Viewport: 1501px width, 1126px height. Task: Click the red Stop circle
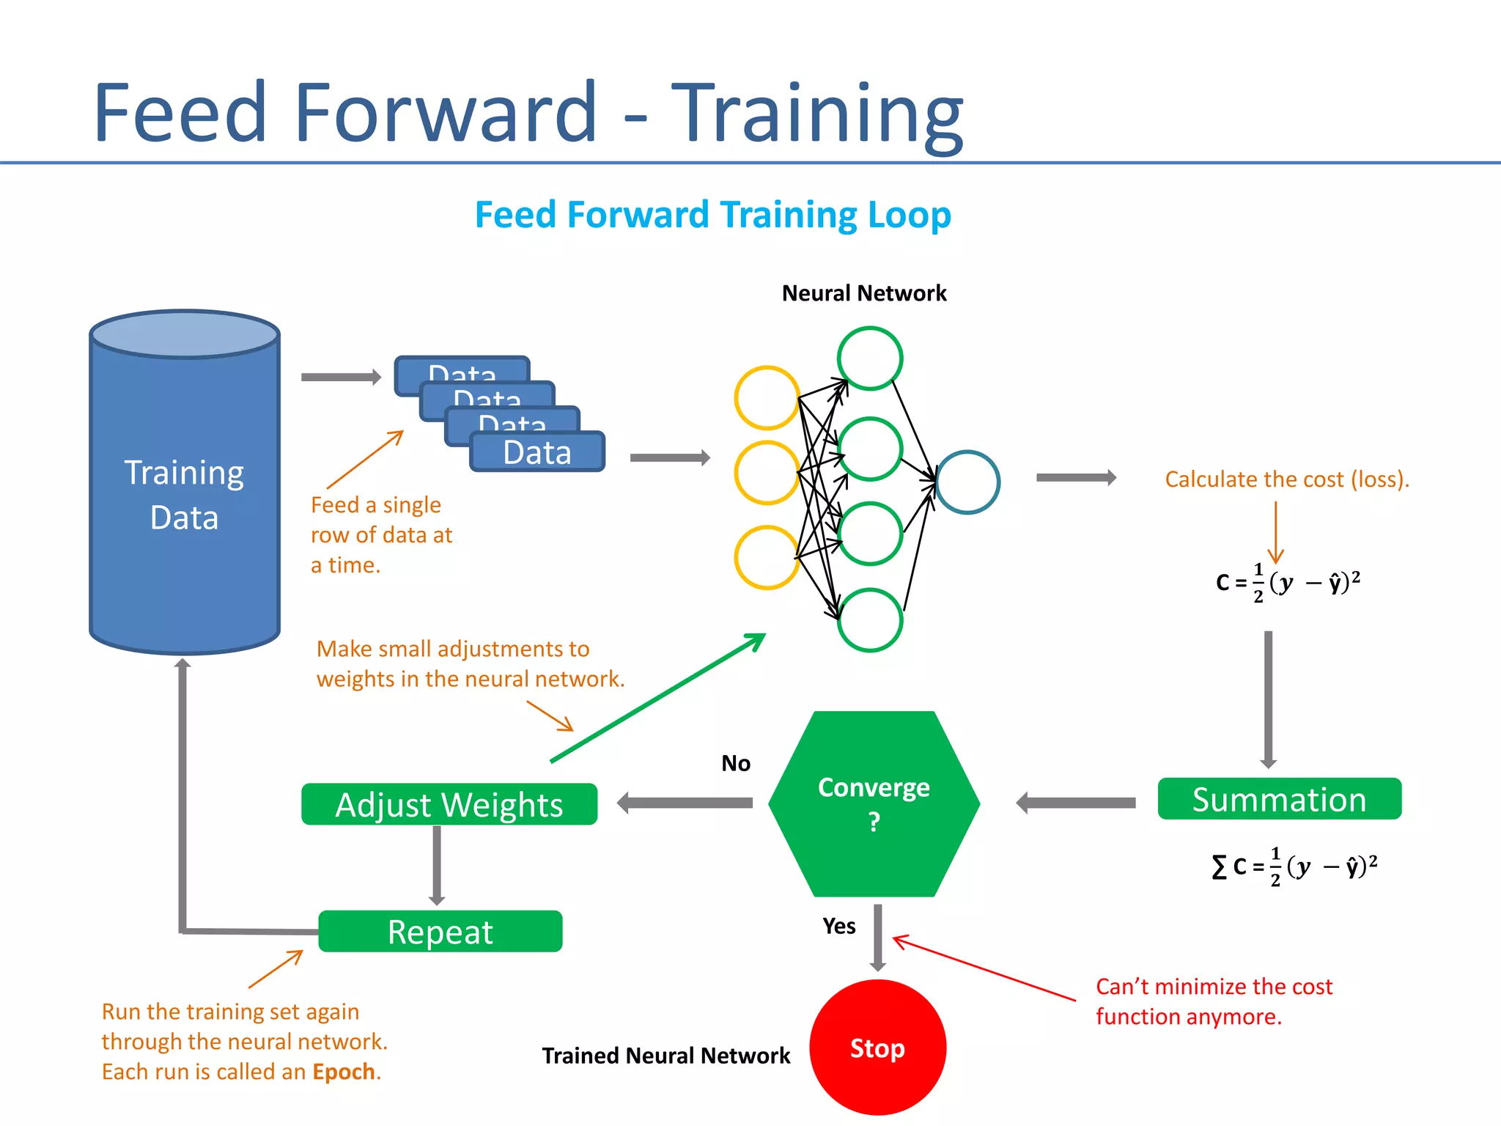click(x=877, y=1048)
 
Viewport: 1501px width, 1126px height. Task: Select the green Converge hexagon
click(x=874, y=803)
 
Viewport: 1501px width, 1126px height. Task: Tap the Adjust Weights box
click(x=449, y=804)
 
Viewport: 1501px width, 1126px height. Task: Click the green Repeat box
click(x=440, y=932)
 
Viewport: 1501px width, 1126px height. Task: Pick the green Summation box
click(x=1279, y=799)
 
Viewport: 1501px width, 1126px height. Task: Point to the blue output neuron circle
click(x=967, y=482)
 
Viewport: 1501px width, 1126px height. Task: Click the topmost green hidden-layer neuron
click(x=870, y=358)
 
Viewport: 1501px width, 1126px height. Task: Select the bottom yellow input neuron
click(x=767, y=558)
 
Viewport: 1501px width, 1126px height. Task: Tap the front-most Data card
click(x=537, y=452)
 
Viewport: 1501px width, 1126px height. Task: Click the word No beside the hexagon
click(x=736, y=763)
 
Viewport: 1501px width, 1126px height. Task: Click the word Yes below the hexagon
click(x=838, y=926)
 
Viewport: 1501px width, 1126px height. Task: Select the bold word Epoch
click(x=344, y=1072)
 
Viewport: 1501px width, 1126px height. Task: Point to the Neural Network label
click(x=864, y=293)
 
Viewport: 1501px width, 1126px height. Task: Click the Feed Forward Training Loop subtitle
click(x=712, y=215)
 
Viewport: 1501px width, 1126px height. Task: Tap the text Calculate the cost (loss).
click(x=1287, y=479)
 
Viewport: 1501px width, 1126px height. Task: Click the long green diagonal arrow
click(x=657, y=698)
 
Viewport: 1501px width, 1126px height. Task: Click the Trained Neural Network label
click(x=665, y=1056)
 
